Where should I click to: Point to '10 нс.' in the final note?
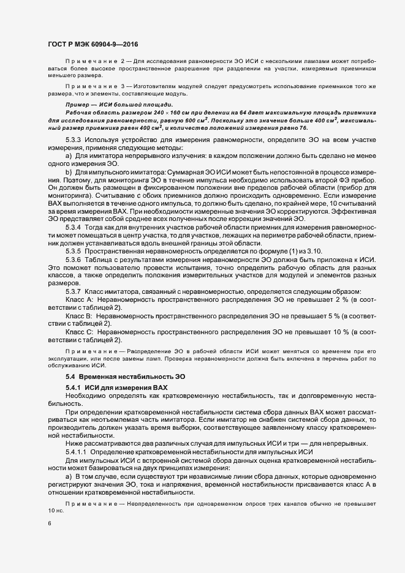point(56,510)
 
